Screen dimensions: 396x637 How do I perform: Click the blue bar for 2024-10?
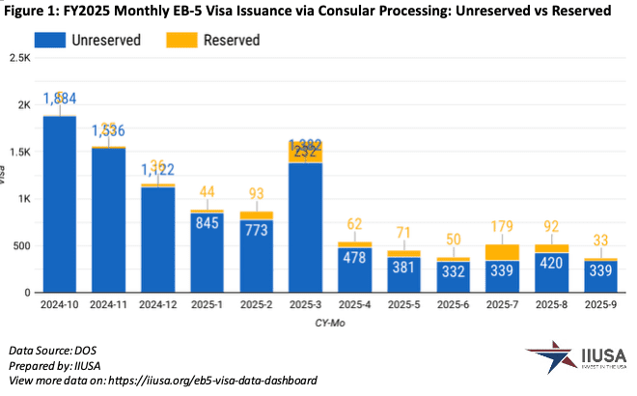[x=60, y=203]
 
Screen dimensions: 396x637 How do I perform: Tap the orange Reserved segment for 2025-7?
[x=503, y=252]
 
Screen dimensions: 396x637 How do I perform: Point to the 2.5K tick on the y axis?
[x=18, y=58]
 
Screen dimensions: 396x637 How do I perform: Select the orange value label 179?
[x=503, y=226]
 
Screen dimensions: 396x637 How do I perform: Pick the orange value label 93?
[x=257, y=193]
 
